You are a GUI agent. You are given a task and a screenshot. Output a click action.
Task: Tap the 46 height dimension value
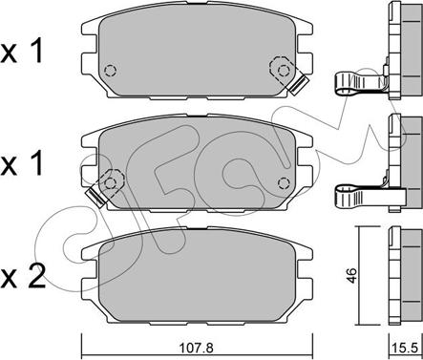coord(351,276)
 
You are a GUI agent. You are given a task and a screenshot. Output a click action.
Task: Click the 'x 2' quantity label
coord(23,276)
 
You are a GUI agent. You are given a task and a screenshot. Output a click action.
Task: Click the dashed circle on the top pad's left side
coord(110,70)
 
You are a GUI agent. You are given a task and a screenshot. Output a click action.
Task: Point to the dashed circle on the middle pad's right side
coord(284,182)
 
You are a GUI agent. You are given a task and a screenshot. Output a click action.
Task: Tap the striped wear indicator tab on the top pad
coord(300,85)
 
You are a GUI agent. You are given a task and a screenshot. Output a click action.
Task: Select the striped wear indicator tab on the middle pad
coord(95,197)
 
